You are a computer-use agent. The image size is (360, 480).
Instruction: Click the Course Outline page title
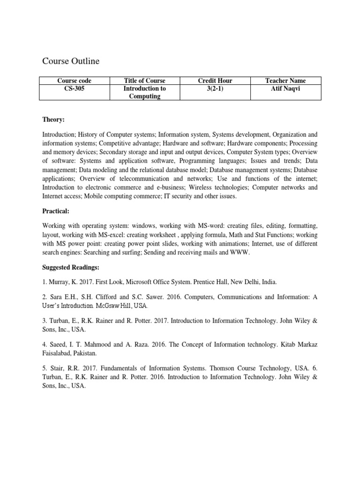click(x=71, y=61)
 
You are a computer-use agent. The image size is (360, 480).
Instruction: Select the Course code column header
click(x=74, y=81)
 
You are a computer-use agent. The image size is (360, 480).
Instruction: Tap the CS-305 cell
click(x=74, y=88)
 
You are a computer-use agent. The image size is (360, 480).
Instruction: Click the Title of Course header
click(x=144, y=81)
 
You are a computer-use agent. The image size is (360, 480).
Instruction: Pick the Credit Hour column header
click(x=215, y=81)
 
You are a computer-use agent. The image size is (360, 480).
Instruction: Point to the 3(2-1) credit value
click(x=215, y=88)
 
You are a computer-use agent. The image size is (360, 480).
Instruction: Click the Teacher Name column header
click(x=286, y=81)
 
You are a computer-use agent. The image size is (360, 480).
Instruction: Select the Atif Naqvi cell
click(x=286, y=88)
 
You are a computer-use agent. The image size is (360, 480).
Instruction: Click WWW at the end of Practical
click(x=241, y=252)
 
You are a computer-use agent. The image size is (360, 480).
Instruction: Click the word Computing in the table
click(x=144, y=96)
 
